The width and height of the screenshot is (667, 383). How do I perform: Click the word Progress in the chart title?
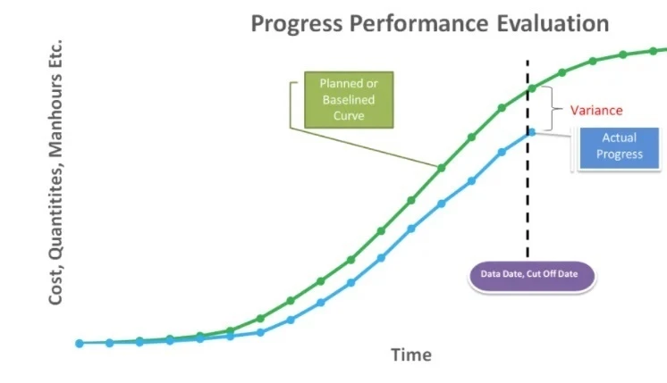point(297,24)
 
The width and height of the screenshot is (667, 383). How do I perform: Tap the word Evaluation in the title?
point(553,23)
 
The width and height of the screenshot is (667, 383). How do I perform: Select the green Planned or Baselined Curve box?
point(349,100)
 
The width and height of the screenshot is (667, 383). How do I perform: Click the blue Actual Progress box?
point(620,148)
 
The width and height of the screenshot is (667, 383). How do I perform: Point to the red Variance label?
point(596,111)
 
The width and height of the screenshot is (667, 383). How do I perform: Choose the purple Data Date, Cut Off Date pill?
point(531,276)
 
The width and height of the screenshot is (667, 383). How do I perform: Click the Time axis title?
point(411,354)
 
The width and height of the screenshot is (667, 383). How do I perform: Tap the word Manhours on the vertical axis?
point(55,115)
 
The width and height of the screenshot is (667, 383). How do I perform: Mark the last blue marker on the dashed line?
point(531,132)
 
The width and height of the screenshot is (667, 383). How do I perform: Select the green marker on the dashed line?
point(532,88)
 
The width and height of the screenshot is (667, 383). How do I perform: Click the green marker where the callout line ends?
point(441,168)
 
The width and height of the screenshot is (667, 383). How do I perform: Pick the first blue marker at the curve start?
point(79,344)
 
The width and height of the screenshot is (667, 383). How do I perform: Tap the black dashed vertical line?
point(528,159)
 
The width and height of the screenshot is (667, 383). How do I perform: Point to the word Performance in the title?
point(419,23)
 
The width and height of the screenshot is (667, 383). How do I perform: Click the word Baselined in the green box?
point(349,100)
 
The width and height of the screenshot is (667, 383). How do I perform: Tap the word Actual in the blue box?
point(620,137)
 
